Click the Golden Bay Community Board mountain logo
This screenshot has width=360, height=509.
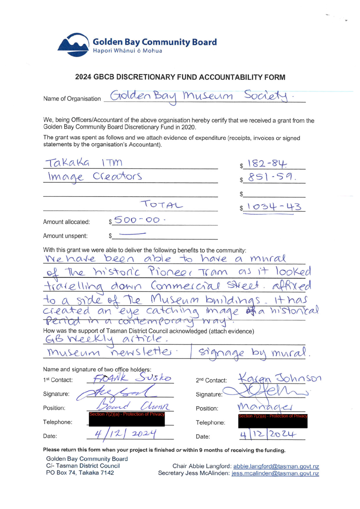(73, 45)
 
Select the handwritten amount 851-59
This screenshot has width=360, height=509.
(270, 177)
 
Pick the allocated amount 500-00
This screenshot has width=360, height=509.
(137, 220)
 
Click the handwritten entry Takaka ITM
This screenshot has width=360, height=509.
(83, 162)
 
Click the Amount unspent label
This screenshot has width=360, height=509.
(65, 236)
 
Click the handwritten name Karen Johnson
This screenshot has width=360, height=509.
(280, 378)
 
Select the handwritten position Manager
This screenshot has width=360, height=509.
(264, 406)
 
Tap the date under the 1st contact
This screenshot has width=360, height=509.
(125, 433)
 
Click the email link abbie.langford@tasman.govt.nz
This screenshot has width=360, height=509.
(276, 466)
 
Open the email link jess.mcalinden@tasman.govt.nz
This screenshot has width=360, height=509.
(275, 473)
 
